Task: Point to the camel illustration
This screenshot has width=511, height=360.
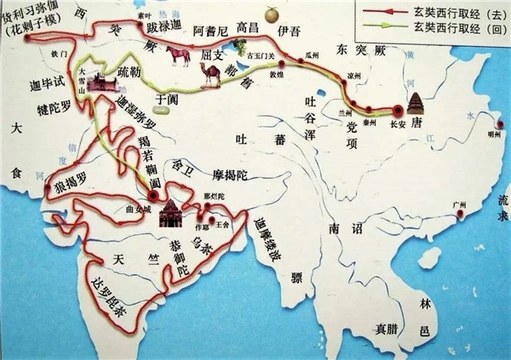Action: [x=209, y=75]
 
